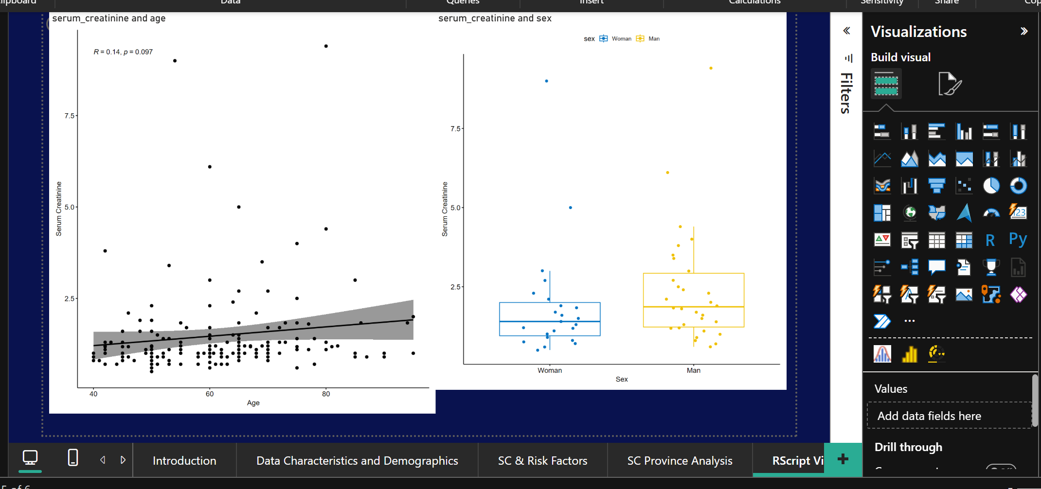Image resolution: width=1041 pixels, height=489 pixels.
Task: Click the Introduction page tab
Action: [x=184, y=460]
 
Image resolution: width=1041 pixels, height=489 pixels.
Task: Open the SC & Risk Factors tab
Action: [x=542, y=460]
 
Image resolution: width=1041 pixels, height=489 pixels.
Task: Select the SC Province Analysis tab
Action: [x=680, y=460]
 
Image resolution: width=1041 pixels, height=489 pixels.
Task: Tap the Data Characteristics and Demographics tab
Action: [x=357, y=460]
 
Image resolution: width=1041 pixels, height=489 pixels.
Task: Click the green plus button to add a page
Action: [x=843, y=459]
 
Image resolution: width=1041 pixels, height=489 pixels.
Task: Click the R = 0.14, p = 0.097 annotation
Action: [x=123, y=52]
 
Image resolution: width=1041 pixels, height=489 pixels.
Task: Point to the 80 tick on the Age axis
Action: [x=326, y=394]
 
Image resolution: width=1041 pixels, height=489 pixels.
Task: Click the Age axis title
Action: [x=253, y=403]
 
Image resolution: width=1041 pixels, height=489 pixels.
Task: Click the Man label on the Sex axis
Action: [x=693, y=370]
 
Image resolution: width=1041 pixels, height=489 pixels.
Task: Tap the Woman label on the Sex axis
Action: [x=550, y=370]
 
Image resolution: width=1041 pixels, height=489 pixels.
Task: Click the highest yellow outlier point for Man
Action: [x=711, y=68]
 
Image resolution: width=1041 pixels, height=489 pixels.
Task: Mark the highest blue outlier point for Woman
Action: [x=546, y=81]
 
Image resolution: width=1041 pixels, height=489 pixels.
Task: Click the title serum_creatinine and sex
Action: [x=495, y=18]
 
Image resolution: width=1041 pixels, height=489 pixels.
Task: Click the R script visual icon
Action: [x=990, y=240]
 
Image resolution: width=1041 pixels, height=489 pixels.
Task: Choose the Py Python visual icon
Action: [x=1018, y=239]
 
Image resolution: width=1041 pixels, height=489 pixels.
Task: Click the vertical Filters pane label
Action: [x=846, y=93]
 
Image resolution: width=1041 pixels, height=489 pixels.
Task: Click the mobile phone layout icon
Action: [x=73, y=458]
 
